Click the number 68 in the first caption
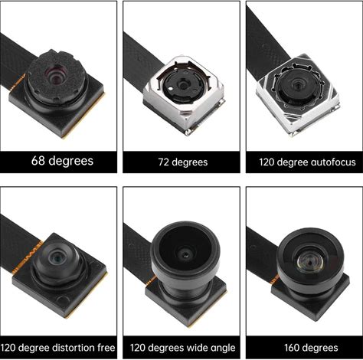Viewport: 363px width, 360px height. [x=38, y=161]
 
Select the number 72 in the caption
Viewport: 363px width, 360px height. [x=163, y=162]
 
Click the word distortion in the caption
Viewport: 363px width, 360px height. [x=74, y=348]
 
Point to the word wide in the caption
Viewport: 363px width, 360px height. [x=198, y=348]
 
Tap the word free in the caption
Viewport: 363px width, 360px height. [x=106, y=348]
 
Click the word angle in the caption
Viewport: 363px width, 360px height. [x=223, y=349]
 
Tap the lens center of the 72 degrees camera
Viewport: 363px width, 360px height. [x=183, y=85]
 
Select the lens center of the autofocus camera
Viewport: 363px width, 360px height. [x=297, y=83]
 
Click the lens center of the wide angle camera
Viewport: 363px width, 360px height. [x=185, y=254]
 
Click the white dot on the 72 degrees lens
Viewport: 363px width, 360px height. [x=171, y=89]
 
